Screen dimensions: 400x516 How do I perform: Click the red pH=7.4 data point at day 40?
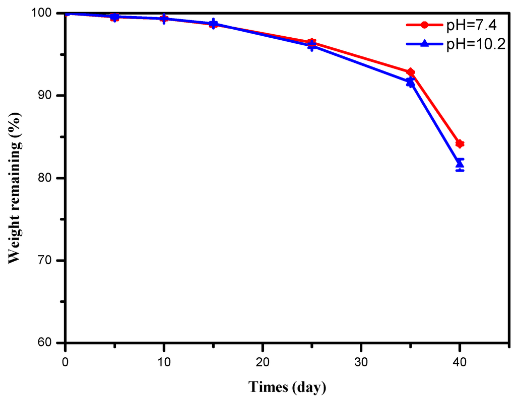460,144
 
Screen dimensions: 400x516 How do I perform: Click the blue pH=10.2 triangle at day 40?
460,164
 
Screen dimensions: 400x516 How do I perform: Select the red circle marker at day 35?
411,72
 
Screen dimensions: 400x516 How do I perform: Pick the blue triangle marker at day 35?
411,82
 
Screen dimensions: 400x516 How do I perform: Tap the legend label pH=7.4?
468,25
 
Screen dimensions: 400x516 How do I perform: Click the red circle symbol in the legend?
424,25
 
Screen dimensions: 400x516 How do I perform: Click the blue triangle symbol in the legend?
424,44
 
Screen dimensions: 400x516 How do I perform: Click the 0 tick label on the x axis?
65,362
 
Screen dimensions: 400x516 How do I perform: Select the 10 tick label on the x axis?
164,362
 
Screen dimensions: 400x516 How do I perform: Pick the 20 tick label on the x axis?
263,362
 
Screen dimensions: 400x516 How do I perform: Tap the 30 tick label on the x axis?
361,362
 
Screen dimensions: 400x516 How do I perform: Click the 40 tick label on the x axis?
460,362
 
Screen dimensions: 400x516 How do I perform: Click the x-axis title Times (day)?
287,387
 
